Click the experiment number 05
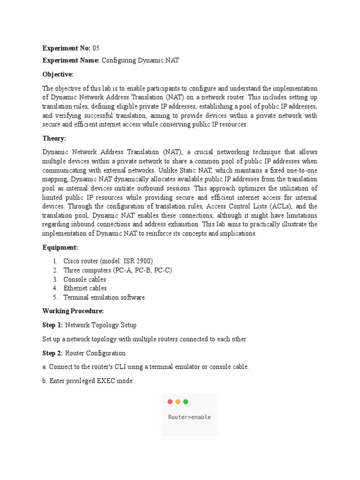point(96,48)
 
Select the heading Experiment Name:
point(71,60)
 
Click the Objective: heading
point(58,75)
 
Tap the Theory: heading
point(54,138)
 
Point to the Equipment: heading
point(60,247)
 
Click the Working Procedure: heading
point(73,311)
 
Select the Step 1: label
point(53,324)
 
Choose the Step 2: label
point(53,352)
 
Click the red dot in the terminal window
point(170,402)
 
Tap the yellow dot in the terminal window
point(178,402)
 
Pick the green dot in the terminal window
point(186,402)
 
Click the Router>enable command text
point(189,417)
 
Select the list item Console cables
point(85,279)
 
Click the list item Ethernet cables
point(85,288)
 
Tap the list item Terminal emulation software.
point(105,297)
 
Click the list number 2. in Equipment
point(55,270)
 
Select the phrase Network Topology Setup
point(101,324)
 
